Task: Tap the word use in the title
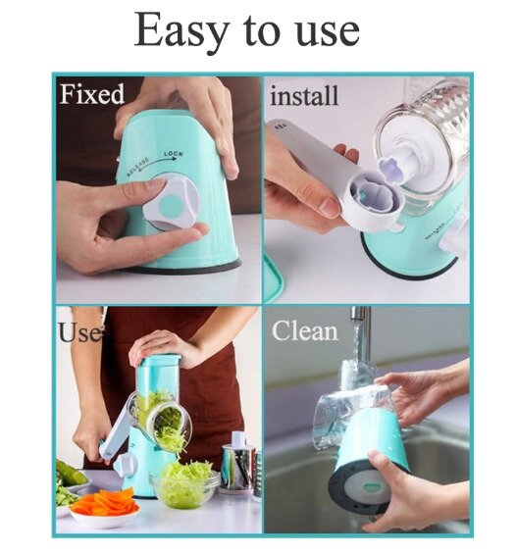click(x=328, y=32)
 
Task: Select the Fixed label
click(x=92, y=94)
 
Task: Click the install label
click(x=304, y=95)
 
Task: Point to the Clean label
click(x=304, y=331)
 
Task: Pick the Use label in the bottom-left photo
click(x=80, y=332)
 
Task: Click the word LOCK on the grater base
click(x=174, y=154)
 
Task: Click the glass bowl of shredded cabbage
click(x=184, y=484)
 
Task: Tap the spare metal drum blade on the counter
click(x=240, y=465)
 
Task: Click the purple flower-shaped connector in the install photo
click(x=391, y=170)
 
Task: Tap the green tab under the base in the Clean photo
click(x=371, y=487)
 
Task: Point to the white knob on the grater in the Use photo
click(x=124, y=464)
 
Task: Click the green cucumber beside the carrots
click(x=72, y=473)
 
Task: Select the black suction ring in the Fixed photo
click(x=183, y=268)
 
